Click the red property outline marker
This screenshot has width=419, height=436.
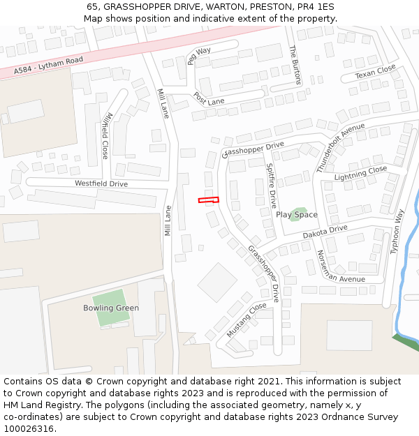208,200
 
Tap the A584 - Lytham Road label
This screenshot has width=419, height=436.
48,66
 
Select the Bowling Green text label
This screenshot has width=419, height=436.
111,308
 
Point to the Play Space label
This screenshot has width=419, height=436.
297,215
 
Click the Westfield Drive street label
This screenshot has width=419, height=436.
101,183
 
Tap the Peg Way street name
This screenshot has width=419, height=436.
198,56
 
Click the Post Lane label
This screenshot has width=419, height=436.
209,98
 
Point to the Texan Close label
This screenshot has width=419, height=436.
375,72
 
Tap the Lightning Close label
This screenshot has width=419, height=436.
360,173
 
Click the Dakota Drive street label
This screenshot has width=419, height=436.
325,232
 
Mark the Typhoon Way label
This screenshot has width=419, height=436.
397,234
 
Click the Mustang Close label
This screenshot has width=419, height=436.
247,320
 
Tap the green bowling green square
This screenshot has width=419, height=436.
110,308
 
